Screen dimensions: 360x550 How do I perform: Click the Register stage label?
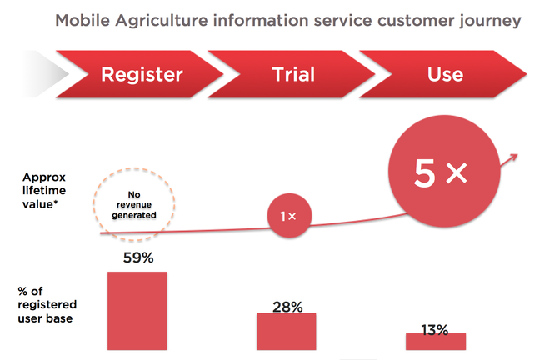click(142, 74)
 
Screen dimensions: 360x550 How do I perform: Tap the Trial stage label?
click(293, 74)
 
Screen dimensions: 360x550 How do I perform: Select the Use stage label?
click(444, 74)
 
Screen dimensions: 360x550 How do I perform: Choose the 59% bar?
click(137, 310)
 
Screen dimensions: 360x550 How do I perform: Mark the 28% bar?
click(287, 331)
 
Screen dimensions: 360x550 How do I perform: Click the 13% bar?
click(434, 341)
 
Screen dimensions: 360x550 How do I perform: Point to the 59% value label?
click(138, 258)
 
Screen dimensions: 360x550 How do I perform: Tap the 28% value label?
click(287, 306)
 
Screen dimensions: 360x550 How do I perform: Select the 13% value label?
click(434, 329)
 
